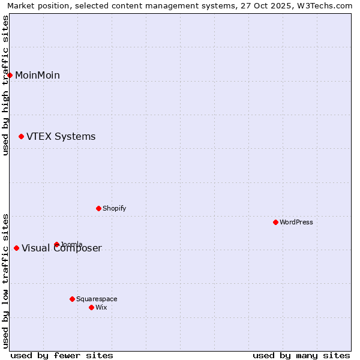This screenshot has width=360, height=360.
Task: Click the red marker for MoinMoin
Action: [10, 75]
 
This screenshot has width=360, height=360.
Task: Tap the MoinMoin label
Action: [37, 75]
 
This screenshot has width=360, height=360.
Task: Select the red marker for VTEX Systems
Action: [22, 137]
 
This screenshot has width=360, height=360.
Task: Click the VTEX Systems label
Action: [61, 137]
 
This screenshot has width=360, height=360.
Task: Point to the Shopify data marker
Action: [98, 208]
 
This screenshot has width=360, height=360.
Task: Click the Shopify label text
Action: [114, 208]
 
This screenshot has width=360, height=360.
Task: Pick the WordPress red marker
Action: [275, 222]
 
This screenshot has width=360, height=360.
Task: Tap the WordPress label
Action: [296, 222]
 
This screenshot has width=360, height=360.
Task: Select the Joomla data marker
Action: [56, 244]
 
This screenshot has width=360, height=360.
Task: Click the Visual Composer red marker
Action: [16, 248]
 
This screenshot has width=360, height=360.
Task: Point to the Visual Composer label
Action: [62, 249]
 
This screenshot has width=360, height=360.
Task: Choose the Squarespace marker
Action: [72, 299]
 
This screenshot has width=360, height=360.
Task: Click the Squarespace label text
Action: [97, 299]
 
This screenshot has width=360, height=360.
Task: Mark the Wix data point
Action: [91, 307]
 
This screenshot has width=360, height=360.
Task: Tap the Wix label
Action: [101, 307]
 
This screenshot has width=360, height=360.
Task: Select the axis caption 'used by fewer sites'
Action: [62, 355]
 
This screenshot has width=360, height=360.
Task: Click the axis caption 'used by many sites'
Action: [301, 355]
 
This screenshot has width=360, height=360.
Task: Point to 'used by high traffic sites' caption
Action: [6, 85]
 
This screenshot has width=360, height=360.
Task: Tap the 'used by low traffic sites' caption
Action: [6, 280]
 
